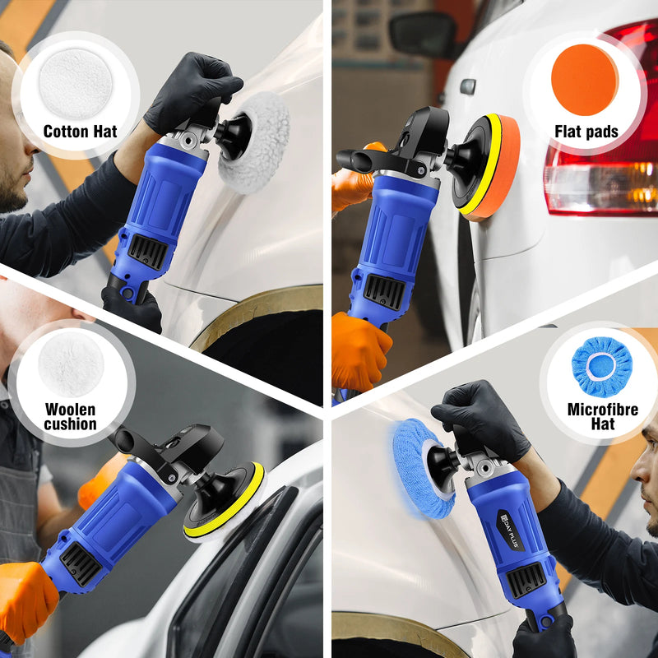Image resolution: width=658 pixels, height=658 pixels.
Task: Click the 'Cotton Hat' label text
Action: click(80, 132)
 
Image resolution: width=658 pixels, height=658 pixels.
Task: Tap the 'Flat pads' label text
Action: click(586, 132)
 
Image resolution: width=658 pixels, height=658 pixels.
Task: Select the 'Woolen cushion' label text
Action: click(71, 417)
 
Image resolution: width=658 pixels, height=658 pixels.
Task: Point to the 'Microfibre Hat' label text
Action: click(602, 415)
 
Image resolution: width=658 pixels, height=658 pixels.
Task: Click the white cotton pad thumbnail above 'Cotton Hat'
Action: click(76, 83)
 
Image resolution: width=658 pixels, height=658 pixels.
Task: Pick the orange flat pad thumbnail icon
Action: click(585, 80)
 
